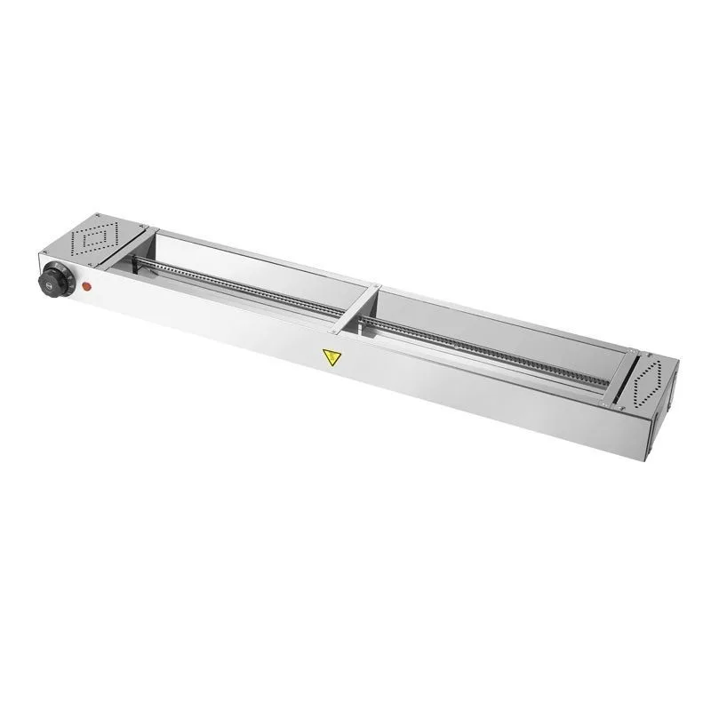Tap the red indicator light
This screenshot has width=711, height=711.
(x=87, y=286)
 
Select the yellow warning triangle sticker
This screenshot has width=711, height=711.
(x=331, y=359)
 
